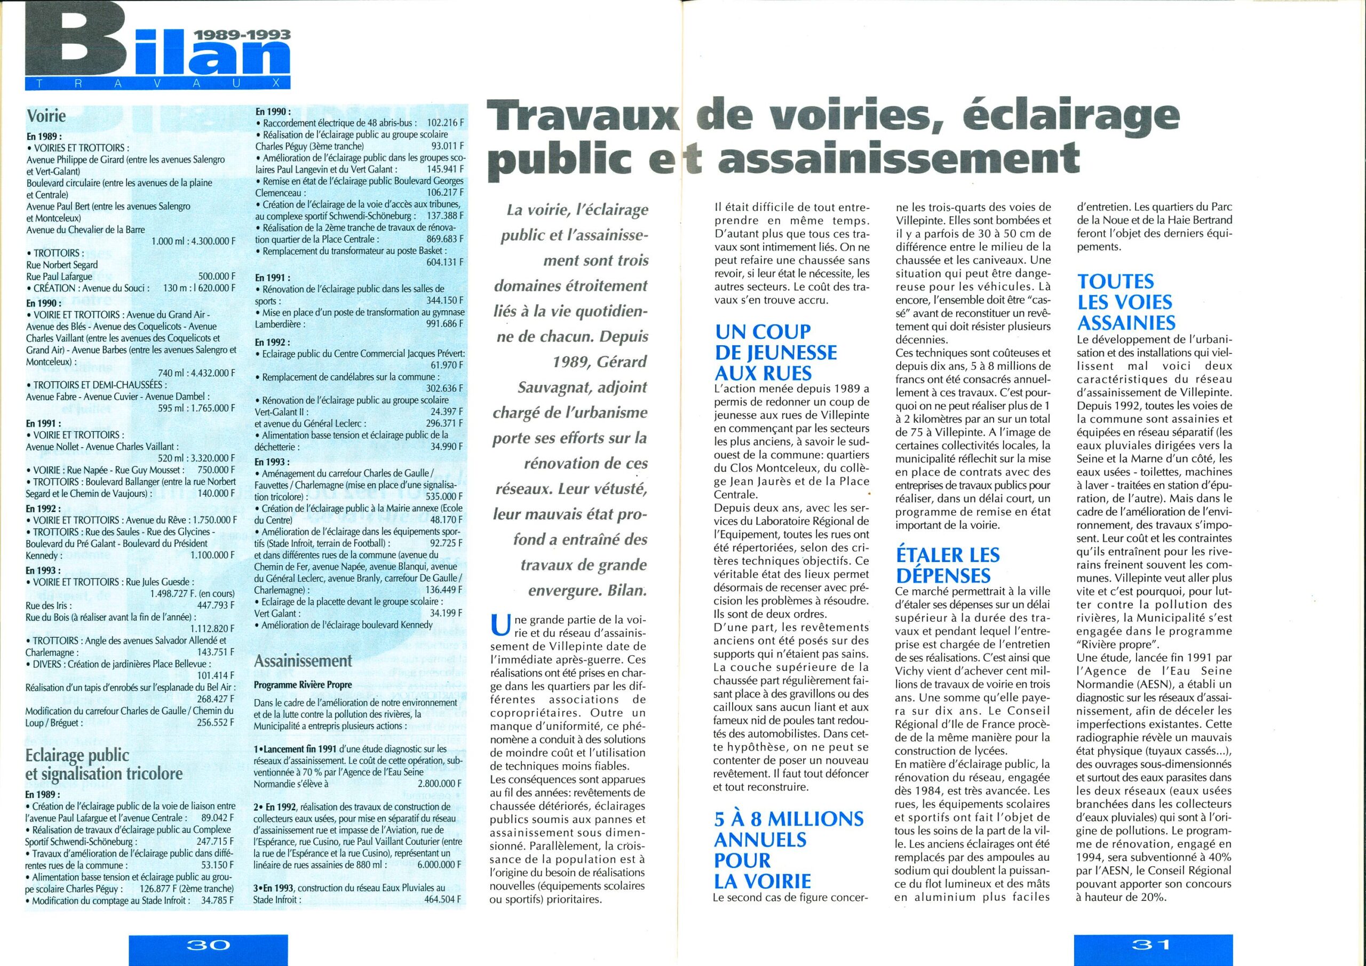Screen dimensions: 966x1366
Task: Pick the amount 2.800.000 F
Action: click(435, 784)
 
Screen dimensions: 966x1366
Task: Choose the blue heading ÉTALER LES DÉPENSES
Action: click(948, 565)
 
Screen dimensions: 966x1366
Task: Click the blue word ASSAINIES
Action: click(1126, 323)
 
